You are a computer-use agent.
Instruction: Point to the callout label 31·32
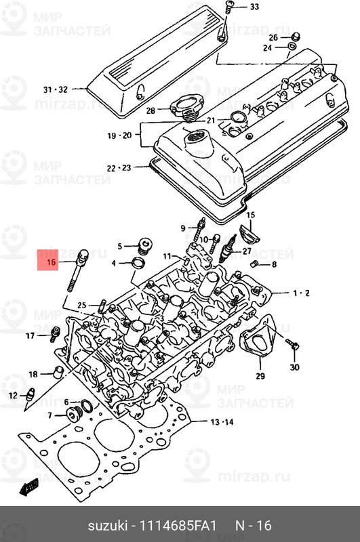[56, 89]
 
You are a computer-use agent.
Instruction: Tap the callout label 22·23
[119, 167]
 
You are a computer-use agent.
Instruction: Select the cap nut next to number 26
[296, 36]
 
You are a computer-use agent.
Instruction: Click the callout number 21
[211, 121]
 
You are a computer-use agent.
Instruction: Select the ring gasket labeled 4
[138, 262]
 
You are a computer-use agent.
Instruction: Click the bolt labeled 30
[293, 345]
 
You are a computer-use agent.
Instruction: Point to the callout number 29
[260, 376]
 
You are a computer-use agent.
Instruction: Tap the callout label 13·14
[222, 422]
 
